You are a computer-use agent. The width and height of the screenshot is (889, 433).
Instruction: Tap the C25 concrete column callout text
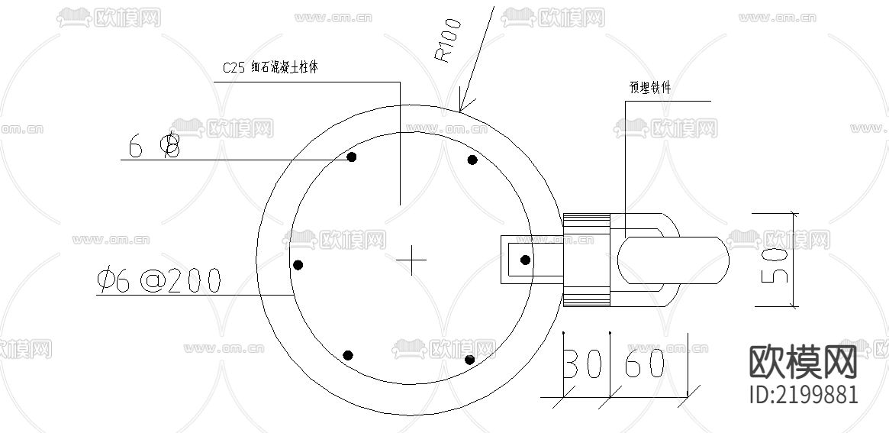[x=269, y=68]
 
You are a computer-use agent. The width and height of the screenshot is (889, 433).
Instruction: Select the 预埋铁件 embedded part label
[x=650, y=89]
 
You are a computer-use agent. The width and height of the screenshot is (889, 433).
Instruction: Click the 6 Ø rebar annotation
[x=154, y=146]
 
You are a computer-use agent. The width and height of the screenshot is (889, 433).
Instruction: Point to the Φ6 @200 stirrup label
[x=159, y=282]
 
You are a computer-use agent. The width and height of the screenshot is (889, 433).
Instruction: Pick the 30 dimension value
[x=582, y=365]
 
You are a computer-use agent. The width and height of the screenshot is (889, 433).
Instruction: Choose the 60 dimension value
[x=645, y=365]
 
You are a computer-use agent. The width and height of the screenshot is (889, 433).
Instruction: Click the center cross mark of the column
[x=412, y=260]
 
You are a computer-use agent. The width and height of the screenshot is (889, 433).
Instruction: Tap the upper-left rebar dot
[x=352, y=157]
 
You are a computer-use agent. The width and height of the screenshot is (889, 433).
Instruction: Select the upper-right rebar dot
[x=472, y=160]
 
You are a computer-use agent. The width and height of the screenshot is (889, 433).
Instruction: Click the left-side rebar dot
[x=298, y=265]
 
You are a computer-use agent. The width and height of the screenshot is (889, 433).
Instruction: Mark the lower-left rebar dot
[x=348, y=355]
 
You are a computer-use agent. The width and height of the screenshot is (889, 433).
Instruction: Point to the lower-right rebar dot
[x=469, y=360]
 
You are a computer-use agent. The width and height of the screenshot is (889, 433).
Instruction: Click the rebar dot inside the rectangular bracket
[x=525, y=260]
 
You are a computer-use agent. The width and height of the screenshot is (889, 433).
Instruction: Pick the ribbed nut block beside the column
[x=586, y=260]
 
